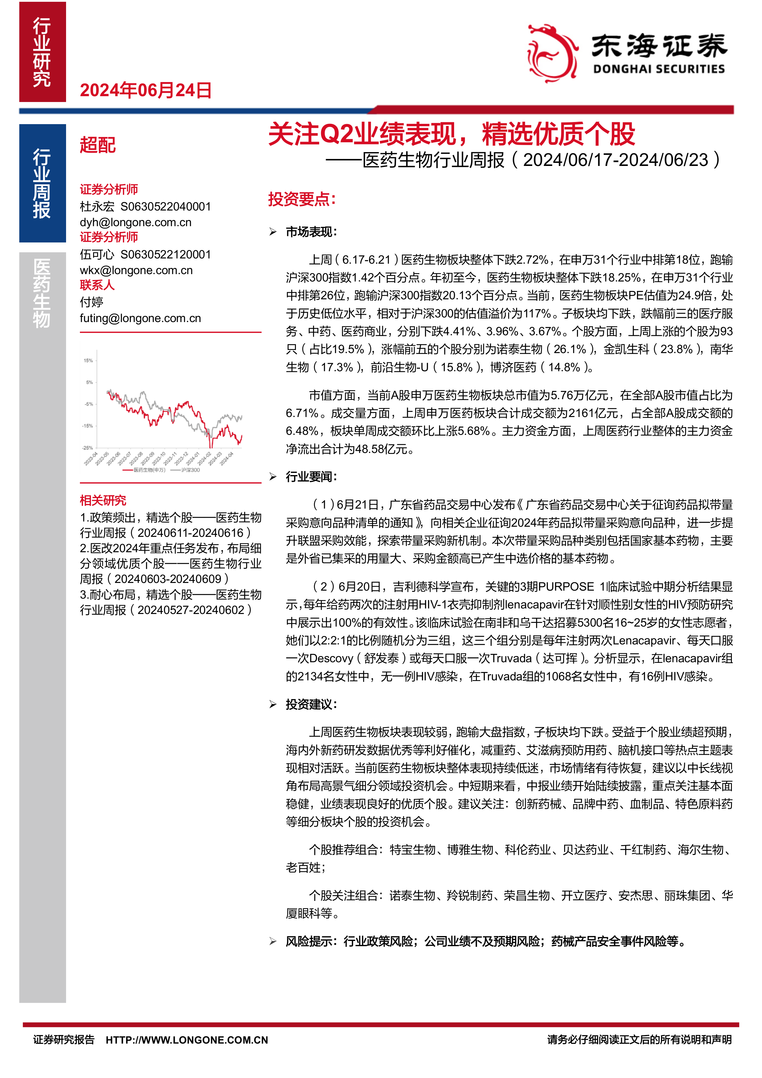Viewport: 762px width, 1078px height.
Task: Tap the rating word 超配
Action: point(98,145)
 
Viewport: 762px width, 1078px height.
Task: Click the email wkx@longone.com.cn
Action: point(136,270)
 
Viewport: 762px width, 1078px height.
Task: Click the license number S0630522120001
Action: point(166,254)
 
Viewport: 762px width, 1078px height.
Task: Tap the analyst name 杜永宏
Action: point(97,207)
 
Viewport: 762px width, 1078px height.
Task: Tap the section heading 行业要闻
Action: point(311,477)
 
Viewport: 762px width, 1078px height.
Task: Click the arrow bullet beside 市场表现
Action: point(273,232)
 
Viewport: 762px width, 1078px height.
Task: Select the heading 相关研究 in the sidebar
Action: point(103,500)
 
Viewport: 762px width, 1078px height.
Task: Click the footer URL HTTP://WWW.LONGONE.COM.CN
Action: point(187,1040)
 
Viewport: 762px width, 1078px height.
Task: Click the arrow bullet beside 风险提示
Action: point(273,941)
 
